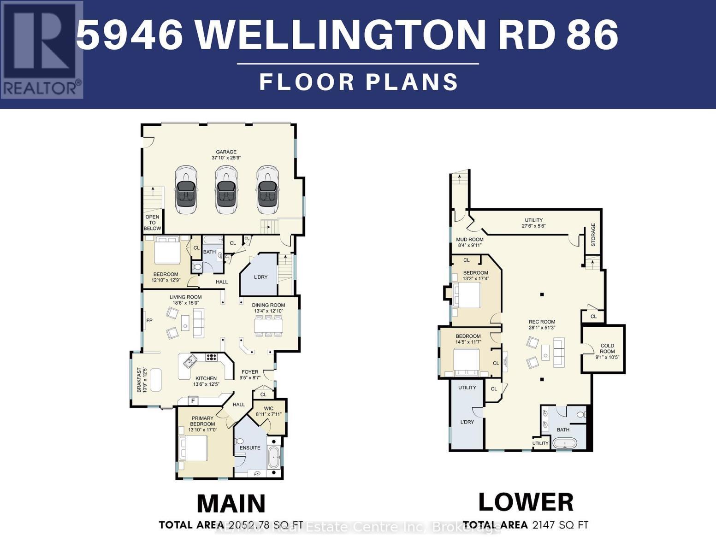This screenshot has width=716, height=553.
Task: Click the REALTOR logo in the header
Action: (x=41, y=50)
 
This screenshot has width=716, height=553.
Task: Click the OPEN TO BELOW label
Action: (x=152, y=223)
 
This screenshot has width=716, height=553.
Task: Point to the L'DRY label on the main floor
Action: (x=260, y=277)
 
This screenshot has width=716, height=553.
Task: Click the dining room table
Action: (x=269, y=326)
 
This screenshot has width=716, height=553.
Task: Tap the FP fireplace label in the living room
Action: (x=149, y=320)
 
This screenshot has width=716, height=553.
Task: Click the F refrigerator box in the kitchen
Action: (x=192, y=400)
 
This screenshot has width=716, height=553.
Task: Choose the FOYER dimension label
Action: (x=250, y=375)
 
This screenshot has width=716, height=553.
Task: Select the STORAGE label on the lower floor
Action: (x=593, y=235)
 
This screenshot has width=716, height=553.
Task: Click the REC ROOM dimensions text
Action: (x=542, y=328)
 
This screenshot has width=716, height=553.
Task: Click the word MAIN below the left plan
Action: (x=231, y=504)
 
